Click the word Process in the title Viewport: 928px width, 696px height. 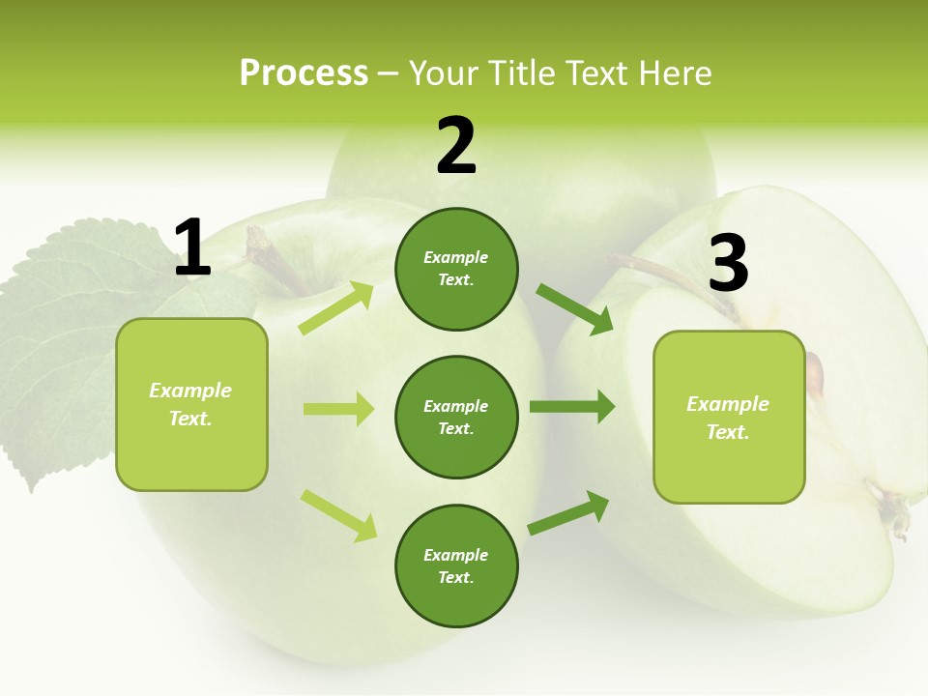click(304, 73)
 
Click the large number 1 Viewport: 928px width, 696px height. click(192, 248)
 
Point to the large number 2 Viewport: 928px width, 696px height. click(456, 146)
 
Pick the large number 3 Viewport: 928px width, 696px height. click(728, 263)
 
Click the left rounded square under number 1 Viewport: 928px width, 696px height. click(191, 404)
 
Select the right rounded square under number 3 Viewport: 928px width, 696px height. click(729, 418)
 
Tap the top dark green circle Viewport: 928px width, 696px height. click(456, 269)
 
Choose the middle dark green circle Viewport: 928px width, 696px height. click(456, 417)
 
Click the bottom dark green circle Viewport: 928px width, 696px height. click(456, 565)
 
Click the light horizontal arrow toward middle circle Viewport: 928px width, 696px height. click(338, 409)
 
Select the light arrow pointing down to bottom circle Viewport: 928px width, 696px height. click(338, 514)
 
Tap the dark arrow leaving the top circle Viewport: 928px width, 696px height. click(574, 308)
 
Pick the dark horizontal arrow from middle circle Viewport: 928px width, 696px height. click(572, 407)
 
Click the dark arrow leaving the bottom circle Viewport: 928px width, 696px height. click(568, 512)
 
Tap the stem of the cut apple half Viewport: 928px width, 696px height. click(667, 275)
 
